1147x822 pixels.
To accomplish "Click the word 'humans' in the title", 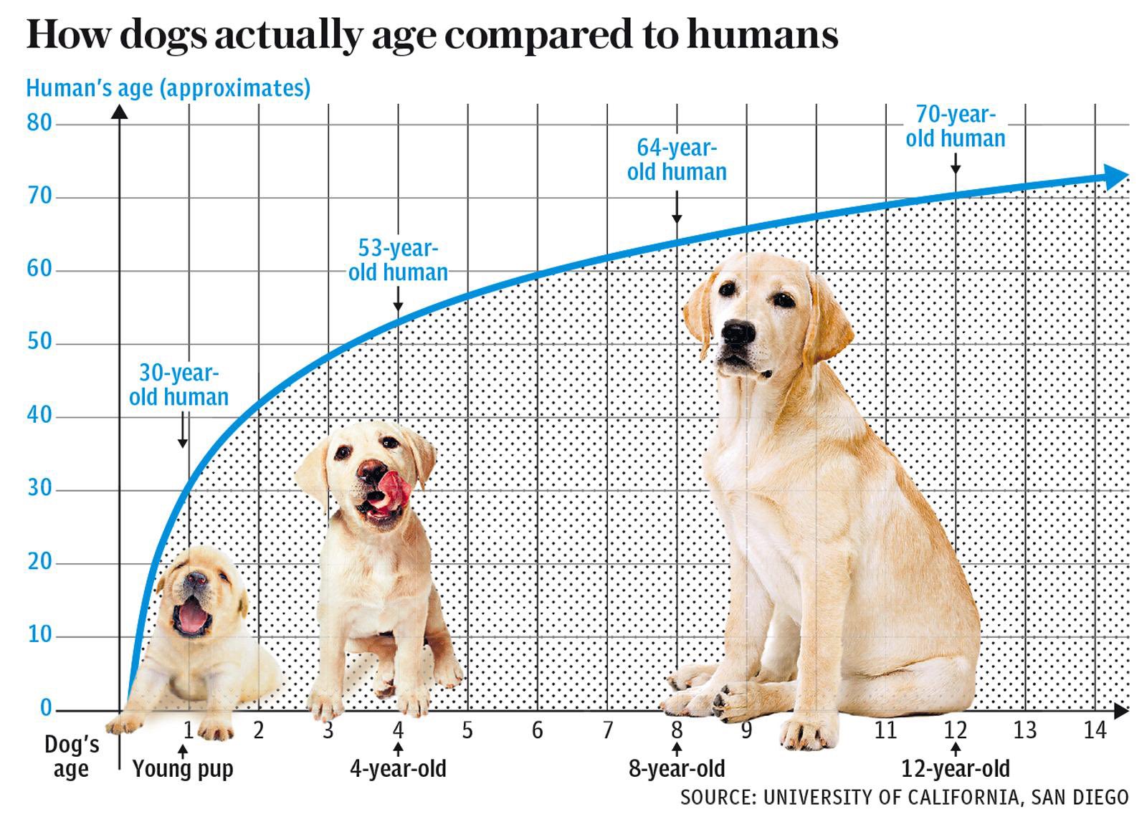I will [762, 34].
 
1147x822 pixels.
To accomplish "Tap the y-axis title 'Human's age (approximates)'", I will [168, 88].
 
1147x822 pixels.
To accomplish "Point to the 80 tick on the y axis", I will [40, 123].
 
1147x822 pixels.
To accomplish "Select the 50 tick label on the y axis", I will [40, 342].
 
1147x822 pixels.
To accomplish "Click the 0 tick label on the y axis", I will [46, 708].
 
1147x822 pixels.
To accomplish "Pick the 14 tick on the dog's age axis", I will [1095, 730].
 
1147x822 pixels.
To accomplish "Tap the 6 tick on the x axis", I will [537, 730].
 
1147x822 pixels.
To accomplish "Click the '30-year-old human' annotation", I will [179, 385].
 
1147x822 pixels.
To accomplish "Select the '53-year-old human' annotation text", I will [398, 260].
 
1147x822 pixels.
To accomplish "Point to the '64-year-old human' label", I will [677, 160].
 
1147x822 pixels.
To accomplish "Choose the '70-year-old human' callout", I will [955, 127].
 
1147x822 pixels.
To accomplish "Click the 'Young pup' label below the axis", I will [183, 769].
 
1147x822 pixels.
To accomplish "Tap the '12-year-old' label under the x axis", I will [955, 769].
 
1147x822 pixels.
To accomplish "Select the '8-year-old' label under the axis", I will [677, 769].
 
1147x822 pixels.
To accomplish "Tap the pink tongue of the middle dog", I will [394, 489].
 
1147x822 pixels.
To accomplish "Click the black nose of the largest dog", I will [738, 332].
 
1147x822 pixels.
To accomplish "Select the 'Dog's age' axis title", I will [71, 757].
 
